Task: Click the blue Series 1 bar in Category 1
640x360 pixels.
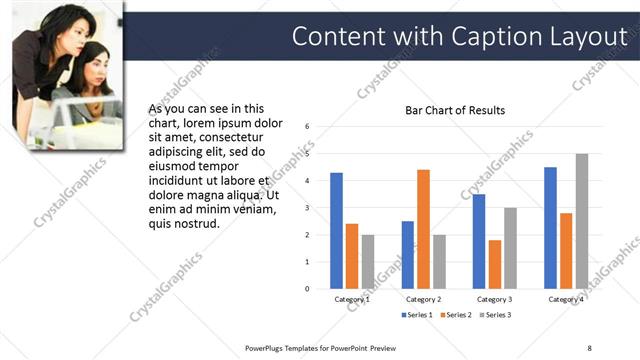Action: [336, 231]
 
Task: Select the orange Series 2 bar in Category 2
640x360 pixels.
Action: [423, 229]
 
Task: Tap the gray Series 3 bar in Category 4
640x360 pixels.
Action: [582, 221]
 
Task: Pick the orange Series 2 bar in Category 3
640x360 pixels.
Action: [495, 264]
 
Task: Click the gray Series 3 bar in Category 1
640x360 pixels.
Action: [367, 262]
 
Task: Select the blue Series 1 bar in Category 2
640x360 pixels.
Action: [408, 255]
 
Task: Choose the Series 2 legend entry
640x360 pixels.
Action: [454, 315]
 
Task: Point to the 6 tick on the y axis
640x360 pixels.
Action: [308, 127]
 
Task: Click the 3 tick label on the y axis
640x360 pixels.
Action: [308, 208]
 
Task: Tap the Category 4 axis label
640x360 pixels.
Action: [566, 299]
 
